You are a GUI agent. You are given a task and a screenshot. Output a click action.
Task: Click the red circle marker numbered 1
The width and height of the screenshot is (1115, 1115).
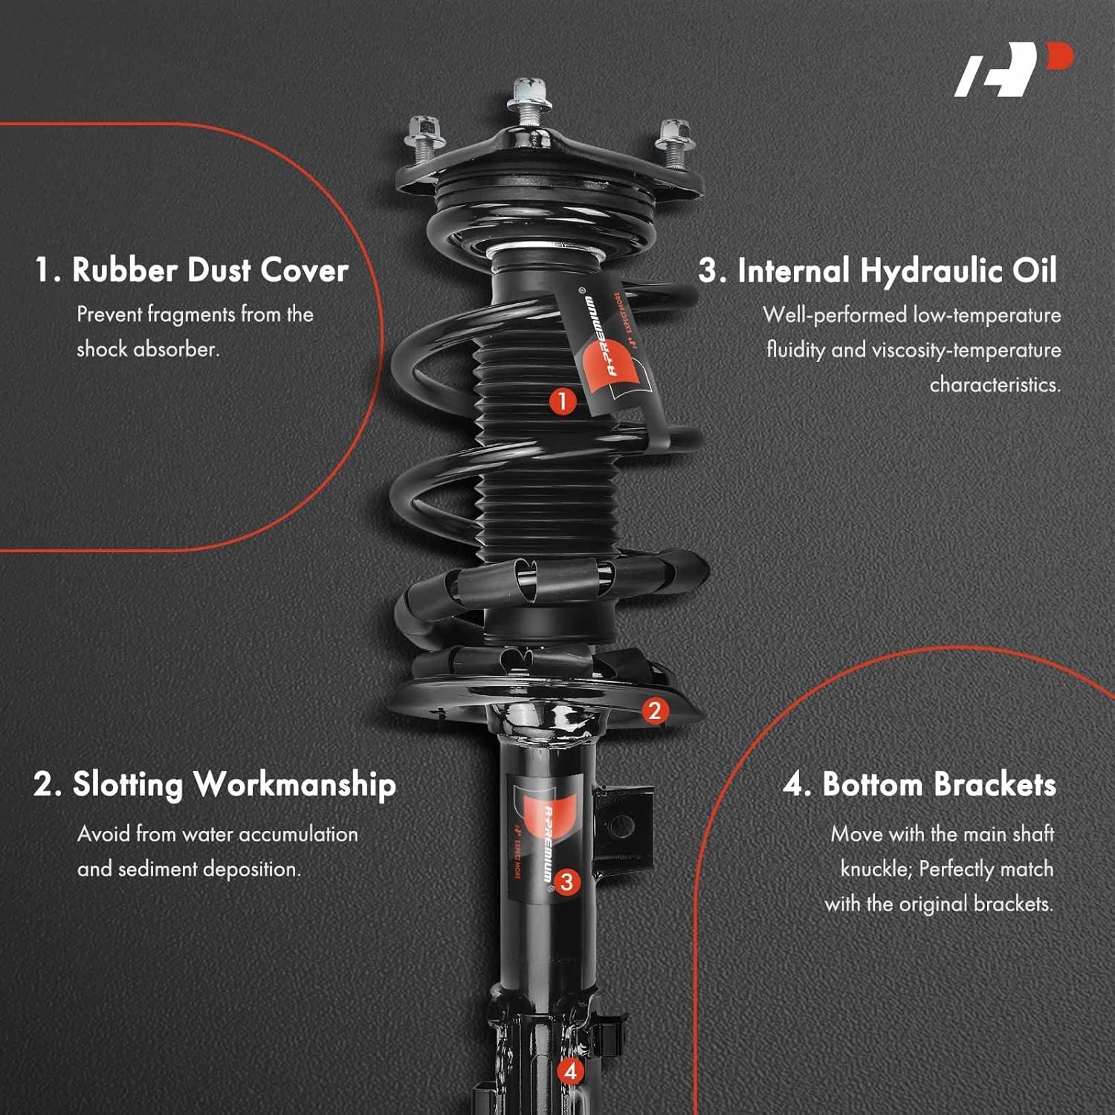tap(563, 401)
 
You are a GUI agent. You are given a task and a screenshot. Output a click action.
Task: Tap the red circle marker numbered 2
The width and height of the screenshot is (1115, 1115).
tap(654, 711)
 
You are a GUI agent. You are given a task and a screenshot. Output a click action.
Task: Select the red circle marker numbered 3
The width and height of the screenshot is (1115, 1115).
tap(566, 882)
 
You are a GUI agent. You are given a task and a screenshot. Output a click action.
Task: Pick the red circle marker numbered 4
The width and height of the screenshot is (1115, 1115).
tap(570, 1071)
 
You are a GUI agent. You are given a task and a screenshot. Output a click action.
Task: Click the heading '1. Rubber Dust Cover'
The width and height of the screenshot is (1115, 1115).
tap(192, 270)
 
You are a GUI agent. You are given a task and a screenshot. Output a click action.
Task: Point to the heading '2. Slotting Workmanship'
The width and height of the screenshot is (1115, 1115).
tap(215, 786)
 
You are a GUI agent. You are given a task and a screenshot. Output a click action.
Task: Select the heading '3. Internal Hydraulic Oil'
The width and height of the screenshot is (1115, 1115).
tap(877, 271)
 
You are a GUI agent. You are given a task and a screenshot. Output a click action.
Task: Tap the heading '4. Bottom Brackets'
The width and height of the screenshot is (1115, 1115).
tap(920, 785)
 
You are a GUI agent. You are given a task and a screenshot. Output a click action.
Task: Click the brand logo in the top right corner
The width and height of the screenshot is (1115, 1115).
tap(1014, 69)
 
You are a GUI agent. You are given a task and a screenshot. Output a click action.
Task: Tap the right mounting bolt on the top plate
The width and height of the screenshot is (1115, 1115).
tap(674, 143)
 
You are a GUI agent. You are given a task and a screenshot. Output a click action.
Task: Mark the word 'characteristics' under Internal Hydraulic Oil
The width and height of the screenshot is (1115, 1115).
tap(995, 384)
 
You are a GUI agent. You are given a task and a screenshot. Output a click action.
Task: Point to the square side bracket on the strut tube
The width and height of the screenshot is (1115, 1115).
tap(623, 824)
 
